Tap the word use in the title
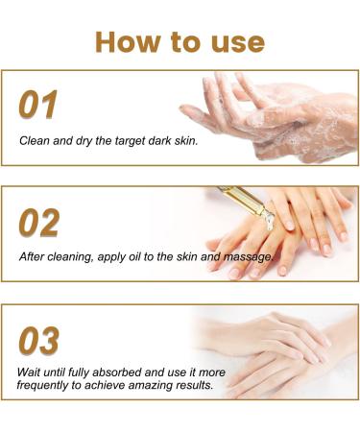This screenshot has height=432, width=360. coord(236,41)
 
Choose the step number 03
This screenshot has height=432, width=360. coord(39,341)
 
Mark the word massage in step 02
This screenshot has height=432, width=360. coord(249,258)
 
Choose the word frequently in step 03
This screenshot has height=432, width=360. coord(46,384)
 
